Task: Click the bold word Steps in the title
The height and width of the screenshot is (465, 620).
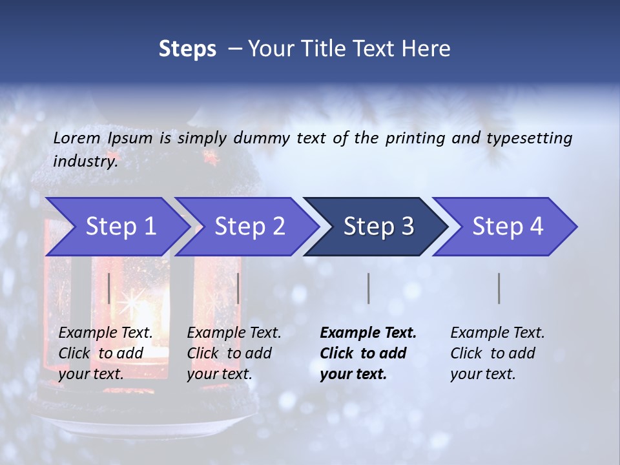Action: [187, 49]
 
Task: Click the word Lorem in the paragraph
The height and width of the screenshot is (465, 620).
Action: [76, 138]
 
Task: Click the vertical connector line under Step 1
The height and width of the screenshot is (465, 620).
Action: [109, 288]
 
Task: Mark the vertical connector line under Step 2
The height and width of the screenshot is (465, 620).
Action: [238, 288]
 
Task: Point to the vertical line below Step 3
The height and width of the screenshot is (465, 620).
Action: [369, 288]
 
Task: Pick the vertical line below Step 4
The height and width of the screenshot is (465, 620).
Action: [499, 288]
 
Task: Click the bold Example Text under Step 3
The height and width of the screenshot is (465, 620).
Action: [368, 333]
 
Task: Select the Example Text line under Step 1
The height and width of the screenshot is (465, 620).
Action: [105, 333]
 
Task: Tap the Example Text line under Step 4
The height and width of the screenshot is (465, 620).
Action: [497, 333]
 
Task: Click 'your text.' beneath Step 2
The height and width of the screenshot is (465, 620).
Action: [220, 374]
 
